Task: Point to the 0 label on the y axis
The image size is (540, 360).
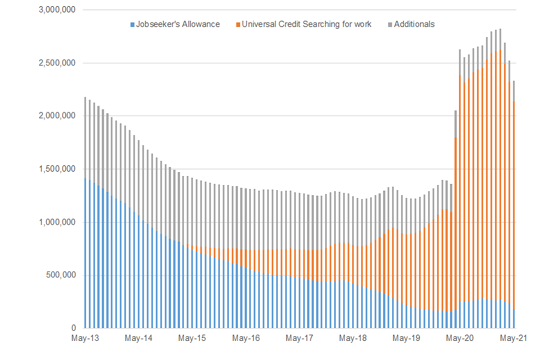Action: click(74, 328)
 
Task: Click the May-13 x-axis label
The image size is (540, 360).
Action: click(85, 339)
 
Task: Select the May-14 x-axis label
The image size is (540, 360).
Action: click(138, 339)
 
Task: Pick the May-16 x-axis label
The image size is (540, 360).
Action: click(246, 339)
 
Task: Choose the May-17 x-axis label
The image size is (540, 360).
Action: click(299, 339)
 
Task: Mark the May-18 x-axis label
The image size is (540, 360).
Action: click(353, 339)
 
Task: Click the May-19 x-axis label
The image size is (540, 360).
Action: click(406, 339)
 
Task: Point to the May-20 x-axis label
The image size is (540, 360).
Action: click(460, 339)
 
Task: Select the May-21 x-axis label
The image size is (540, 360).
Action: click(513, 339)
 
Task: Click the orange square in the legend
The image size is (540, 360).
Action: click(238, 25)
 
